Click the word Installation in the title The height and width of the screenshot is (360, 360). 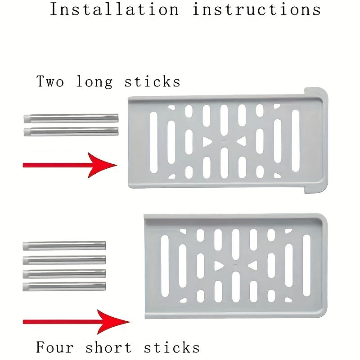click(114, 9)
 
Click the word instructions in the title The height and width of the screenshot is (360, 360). click(256, 9)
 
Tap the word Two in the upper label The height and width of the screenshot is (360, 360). click(50, 81)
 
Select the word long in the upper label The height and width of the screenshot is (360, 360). click(94, 81)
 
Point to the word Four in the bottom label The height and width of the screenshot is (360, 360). click(55, 347)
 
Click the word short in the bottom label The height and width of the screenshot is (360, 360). click(109, 347)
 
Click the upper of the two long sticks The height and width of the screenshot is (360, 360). click(71, 118)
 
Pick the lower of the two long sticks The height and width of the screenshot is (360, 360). click(71, 131)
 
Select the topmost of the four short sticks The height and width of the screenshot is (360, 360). click(64, 246)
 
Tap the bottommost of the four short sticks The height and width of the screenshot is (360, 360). click(64, 287)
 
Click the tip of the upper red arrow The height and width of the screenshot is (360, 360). click(117, 165)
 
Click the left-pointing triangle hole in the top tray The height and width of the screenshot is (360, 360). click(242, 141)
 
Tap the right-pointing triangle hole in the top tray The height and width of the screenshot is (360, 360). click(207, 142)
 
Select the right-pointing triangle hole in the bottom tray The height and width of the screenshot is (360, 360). click(218, 266)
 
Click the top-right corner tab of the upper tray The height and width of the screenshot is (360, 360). click(316, 93)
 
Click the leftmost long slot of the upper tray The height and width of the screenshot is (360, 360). click(153, 142)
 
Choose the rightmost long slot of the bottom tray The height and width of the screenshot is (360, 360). click(306, 265)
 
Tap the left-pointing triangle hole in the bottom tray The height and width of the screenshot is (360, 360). click(253, 265)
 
